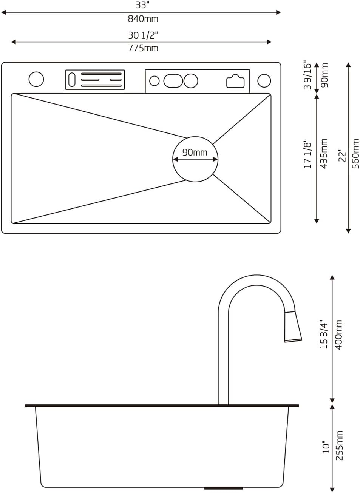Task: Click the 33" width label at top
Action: tap(142, 5)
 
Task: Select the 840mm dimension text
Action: tap(142, 18)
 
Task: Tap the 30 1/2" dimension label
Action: tap(142, 35)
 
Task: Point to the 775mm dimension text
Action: tap(142, 48)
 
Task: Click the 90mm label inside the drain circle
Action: tap(195, 152)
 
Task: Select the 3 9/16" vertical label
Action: tap(307, 75)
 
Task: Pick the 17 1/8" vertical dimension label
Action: tap(307, 154)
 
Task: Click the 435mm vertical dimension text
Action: tap(324, 154)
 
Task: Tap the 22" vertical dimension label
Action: tap(342, 155)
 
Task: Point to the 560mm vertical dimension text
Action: tap(355, 154)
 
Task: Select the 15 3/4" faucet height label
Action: tap(324, 334)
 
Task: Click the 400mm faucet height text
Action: tap(339, 334)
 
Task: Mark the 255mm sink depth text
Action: tap(340, 445)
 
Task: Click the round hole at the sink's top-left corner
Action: tap(36, 79)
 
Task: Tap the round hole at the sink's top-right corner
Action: tap(264, 80)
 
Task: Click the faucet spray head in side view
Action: tap(293, 327)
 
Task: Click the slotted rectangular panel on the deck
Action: tap(95, 80)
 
